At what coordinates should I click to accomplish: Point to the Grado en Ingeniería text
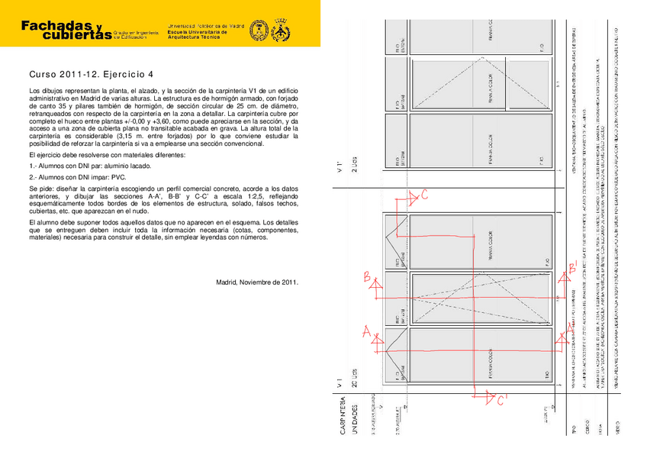point(134,33)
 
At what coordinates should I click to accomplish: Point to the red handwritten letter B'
point(571,269)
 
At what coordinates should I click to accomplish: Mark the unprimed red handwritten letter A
point(366,332)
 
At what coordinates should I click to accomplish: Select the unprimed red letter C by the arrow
point(424,195)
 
